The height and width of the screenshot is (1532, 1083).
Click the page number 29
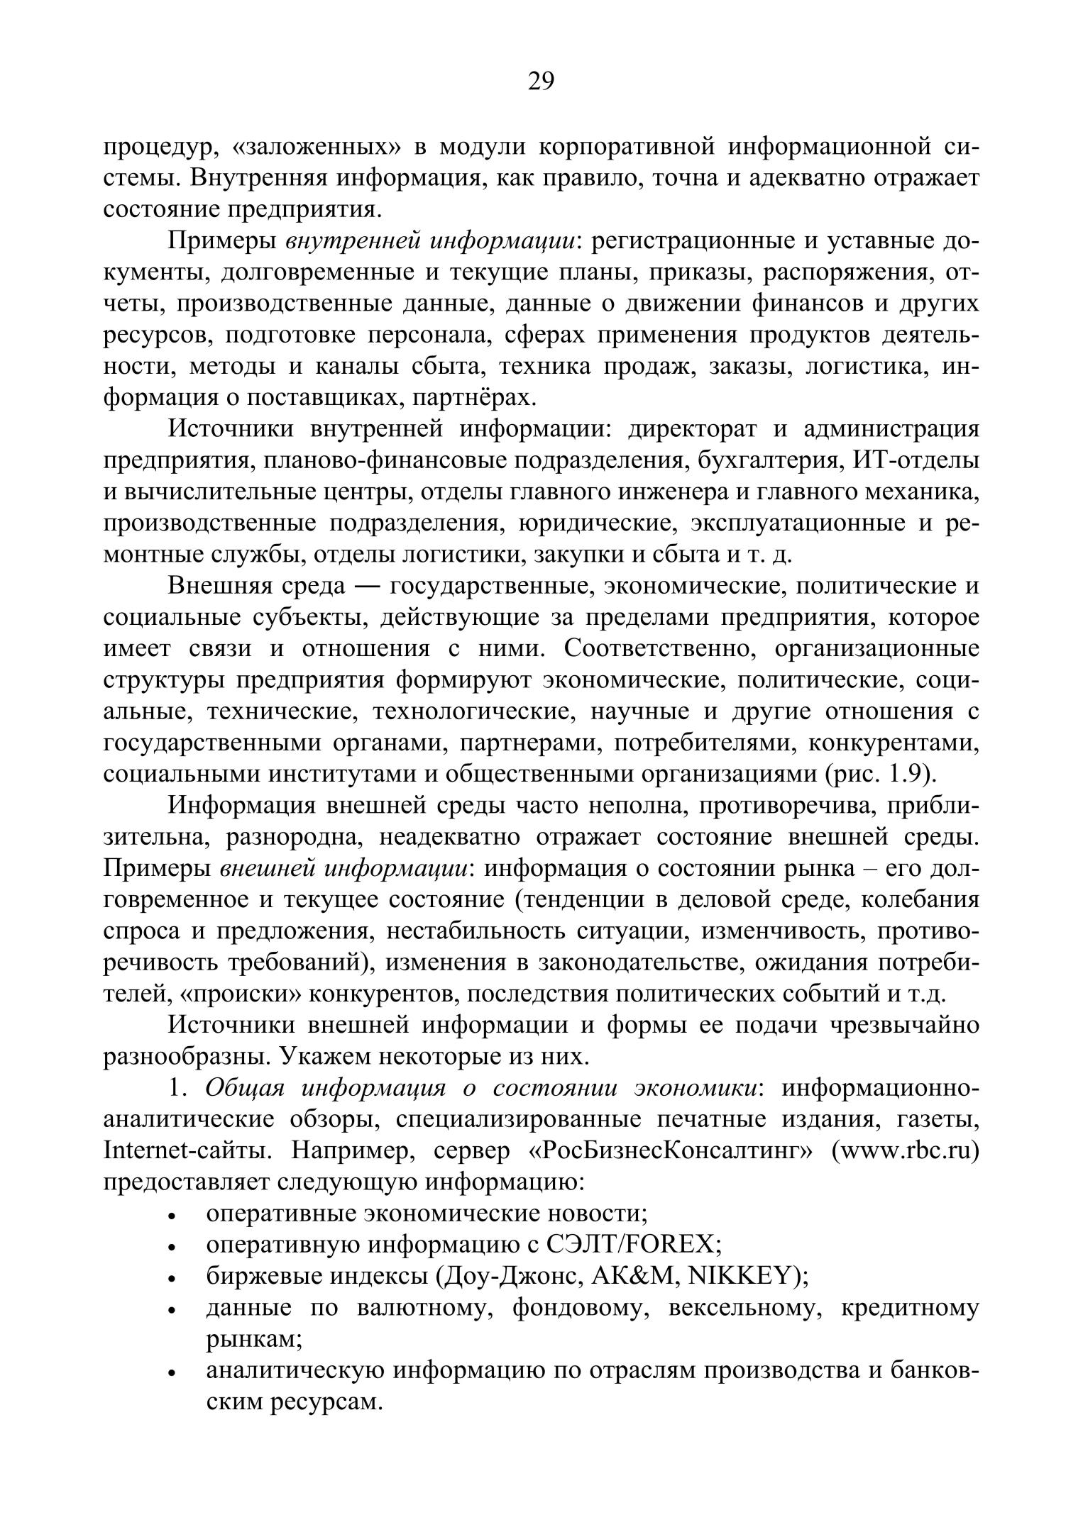click(541, 82)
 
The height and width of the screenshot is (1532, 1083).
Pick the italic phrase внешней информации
click(346, 868)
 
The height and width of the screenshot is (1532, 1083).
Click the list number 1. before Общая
click(178, 1088)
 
